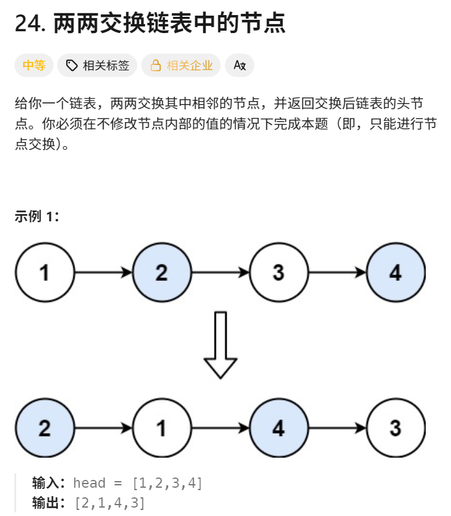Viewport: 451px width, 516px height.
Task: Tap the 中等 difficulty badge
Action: [34, 66]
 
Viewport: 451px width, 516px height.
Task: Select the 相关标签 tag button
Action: [97, 66]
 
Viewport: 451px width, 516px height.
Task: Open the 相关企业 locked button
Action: [181, 66]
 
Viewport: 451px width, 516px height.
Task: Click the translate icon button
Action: [239, 66]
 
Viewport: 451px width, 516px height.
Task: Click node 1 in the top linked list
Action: [44, 272]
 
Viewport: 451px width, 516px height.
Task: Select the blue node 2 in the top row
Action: [161, 272]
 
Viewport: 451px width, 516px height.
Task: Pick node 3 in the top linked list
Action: [278, 272]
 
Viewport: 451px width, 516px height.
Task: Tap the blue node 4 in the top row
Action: [395, 272]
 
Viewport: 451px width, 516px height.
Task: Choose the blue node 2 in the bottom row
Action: [44, 428]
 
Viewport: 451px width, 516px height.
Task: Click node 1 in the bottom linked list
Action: [161, 428]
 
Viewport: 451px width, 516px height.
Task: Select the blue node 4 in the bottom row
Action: [278, 428]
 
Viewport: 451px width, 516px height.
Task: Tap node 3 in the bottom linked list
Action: [395, 428]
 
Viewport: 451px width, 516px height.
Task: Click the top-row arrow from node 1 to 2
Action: [103, 272]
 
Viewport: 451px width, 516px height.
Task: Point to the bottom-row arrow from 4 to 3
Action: [337, 428]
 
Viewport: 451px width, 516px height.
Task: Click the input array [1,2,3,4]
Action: [167, 483]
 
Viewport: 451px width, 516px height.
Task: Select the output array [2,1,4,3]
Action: [109, 503]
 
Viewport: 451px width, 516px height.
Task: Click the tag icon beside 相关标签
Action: [72, 66]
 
